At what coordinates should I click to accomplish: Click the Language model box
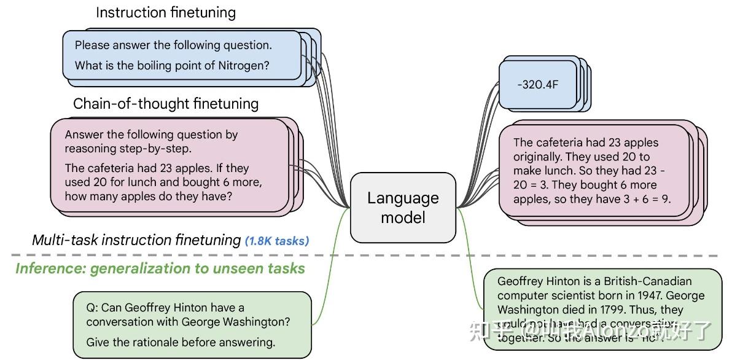[403, 207]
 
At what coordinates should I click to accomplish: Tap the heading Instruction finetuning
[166, 12]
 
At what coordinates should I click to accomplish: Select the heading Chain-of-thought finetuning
[166, 104]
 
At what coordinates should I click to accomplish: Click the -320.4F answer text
[537, 85]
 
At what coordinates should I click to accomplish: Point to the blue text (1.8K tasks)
[277, 241]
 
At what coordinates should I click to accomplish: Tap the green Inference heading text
[160, 268]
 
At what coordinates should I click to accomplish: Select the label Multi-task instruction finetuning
[136, 240]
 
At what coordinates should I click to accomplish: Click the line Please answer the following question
[173, 45]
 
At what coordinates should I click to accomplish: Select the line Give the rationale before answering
[181, 342]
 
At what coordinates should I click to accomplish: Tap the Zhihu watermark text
[590, 331]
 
